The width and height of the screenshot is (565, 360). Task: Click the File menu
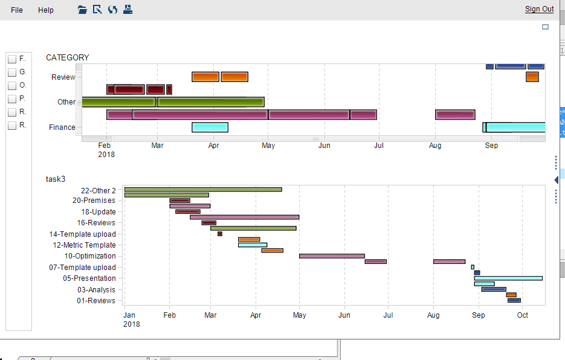point(17,10)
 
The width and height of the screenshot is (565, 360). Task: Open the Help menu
point(46,10)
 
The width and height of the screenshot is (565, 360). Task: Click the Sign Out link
point(539,8)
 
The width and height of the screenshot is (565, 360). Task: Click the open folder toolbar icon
point(83,10)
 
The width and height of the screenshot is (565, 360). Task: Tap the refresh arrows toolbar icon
point(112,10)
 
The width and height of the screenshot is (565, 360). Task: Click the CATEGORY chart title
point(68,57)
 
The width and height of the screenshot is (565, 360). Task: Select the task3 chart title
point(56,179)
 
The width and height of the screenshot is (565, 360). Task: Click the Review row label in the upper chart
point(63,77)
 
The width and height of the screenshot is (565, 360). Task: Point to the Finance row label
point(62,127)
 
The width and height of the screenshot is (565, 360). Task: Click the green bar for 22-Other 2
point(203,190)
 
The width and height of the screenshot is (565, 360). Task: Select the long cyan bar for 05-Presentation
point(508,278)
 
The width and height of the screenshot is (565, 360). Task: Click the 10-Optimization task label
point(90,256)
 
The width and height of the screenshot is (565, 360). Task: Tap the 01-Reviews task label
point(96,301)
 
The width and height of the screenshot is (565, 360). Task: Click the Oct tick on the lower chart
point(523,315)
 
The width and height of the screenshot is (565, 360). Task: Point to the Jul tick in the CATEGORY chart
point(379,145)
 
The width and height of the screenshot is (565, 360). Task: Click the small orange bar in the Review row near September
point(532,77)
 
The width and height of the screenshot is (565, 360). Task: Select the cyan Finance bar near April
point(210,127)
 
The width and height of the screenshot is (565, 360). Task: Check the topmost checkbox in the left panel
point(12,59)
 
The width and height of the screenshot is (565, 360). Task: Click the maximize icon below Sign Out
point(545,27)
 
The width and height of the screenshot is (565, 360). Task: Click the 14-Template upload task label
point(83,234)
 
